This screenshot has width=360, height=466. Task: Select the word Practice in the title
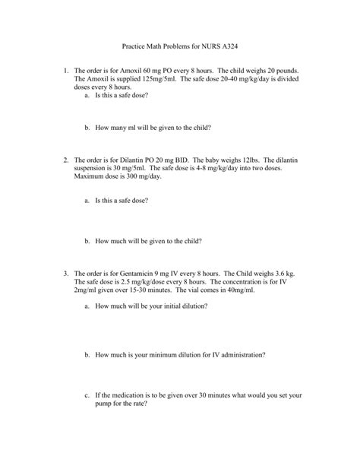tap(135, 46)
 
